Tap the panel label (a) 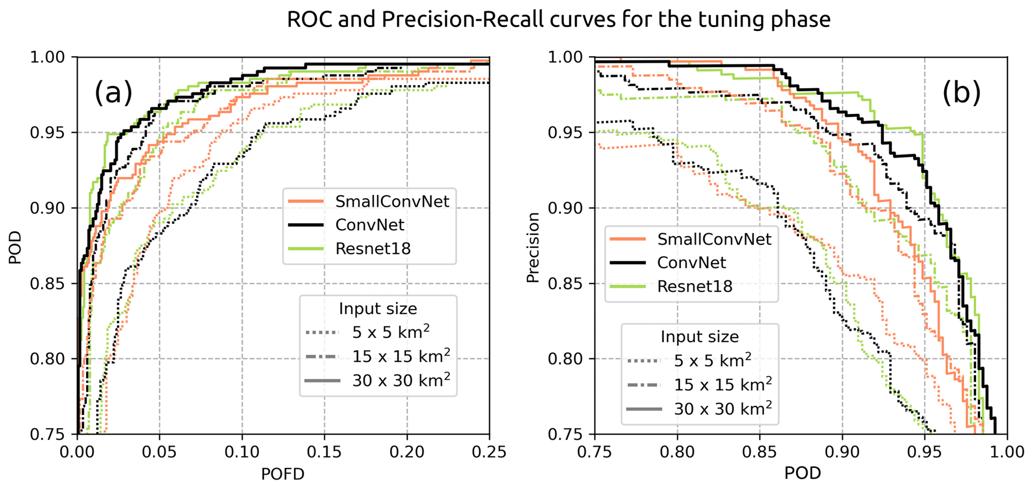click(x=113, y=92)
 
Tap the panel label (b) click(x=962, y=92)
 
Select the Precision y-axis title click(x=534, y=247)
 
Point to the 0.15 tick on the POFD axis click(x=324, y=453)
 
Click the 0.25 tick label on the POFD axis click(x=489, y=453)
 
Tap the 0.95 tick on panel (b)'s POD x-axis click(x=925, y=453)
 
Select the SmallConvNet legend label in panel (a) click(x=392, y=201)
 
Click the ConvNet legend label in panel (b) click(x=692, y=263)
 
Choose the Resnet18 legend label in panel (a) click(x=373, y=248)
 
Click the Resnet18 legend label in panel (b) click(x=695, y=286)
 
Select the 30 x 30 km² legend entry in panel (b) click(x=723, y=409)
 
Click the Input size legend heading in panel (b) click(x=700, y=337)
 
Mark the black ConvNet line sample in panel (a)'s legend click(x=306, y=225)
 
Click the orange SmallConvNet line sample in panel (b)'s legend click(x=628, y=239)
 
